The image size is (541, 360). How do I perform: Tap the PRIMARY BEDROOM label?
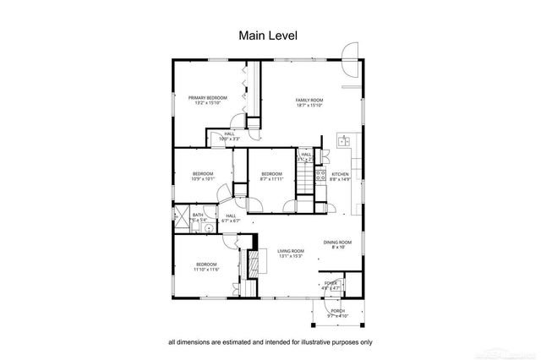click(208, 98)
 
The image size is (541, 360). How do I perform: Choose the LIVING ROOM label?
click(291, 251)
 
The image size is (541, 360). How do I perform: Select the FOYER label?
click(331, 283)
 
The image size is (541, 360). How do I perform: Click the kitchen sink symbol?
click(344, 141)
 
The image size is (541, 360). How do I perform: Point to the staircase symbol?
click(305, 177)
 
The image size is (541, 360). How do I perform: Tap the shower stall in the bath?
click(181, 217)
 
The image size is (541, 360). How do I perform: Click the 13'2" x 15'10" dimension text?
click(208, 104)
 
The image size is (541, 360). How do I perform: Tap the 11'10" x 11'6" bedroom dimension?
click(206, 270)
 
